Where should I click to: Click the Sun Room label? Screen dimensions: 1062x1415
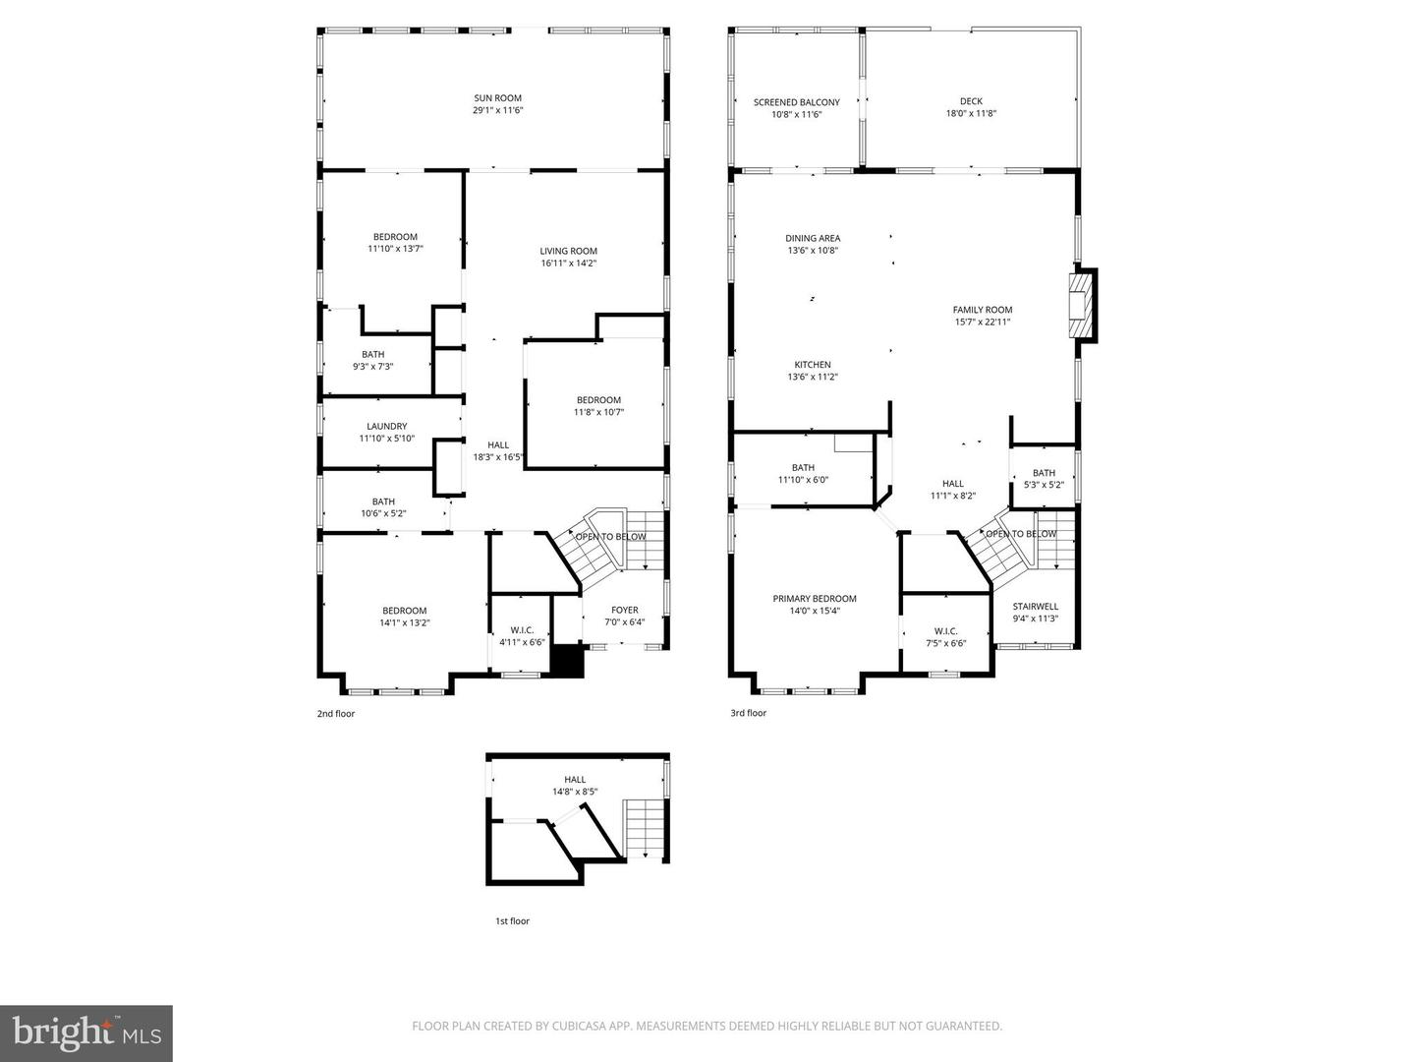497,98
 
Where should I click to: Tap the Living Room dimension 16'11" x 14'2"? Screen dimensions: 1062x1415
568,264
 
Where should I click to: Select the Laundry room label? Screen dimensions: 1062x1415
386,427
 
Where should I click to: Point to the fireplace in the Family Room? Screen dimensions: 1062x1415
1081,305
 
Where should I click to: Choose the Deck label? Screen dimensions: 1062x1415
971,101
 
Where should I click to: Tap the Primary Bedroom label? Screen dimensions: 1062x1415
814,599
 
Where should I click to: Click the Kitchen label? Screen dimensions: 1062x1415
812,365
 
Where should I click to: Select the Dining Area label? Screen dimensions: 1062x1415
813,238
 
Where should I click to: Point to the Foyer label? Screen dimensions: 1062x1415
624,610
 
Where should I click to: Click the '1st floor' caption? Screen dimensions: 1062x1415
512,921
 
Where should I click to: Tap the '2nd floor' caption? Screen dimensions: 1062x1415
336,714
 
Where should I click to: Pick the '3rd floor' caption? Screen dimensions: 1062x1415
748,713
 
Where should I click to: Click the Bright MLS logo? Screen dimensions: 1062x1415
86,1032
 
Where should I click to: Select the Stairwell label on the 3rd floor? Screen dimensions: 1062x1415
1036,607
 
